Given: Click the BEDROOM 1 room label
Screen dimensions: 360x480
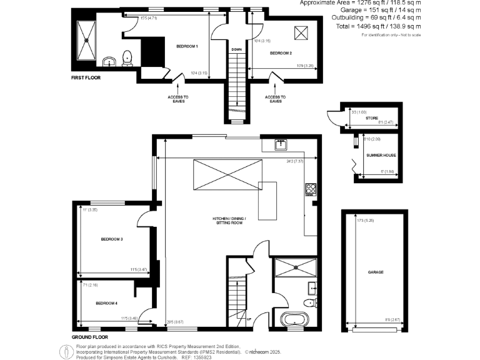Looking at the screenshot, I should (187, 47).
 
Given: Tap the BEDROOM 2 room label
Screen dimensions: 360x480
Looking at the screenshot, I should (281, 54).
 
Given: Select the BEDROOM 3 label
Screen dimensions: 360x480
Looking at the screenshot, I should (111, 239).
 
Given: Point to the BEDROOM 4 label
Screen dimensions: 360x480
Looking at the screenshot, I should (106, 303).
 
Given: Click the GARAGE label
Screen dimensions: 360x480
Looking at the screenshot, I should (376, 272).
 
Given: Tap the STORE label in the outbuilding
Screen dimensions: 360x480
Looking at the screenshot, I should (372, 117).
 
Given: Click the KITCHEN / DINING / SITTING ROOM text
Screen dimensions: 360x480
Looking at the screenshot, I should (228, 219).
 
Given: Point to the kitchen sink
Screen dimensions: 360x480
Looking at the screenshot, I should (281, 144).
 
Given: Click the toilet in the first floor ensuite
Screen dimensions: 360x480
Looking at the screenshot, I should (128, 57).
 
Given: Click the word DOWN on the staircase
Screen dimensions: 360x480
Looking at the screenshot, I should (236, 49).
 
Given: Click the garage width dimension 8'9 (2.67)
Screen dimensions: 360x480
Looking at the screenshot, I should (392, 320).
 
